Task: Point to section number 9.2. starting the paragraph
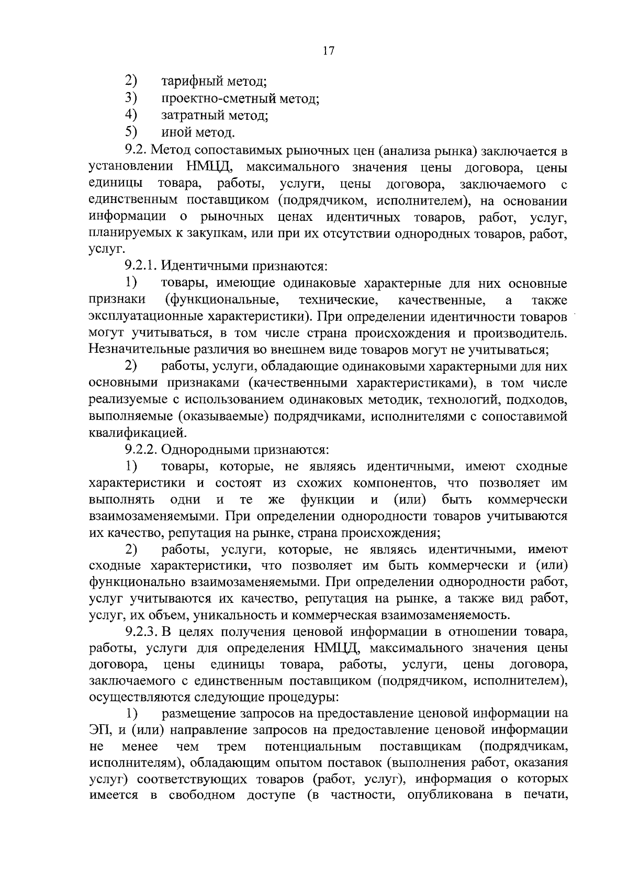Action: [138, 152]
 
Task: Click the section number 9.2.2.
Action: [143, 449]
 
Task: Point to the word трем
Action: [231, 746]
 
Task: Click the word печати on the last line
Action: [544, 795]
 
